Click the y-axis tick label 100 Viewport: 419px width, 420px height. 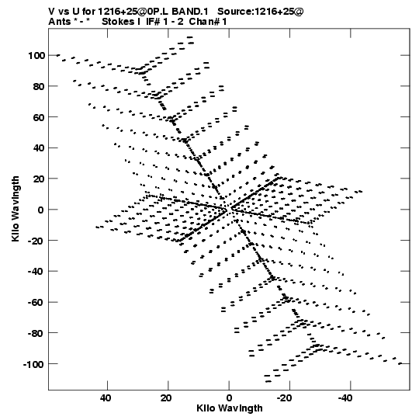coord(36,56)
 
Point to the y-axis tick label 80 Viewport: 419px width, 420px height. coord(39,86)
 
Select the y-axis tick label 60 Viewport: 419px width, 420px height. coord(39,117)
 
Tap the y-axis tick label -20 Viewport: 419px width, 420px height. coord(36,241)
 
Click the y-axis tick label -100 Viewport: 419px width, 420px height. coord(33,364)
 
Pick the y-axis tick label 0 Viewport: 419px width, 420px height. coord(40,210)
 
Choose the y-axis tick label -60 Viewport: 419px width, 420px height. coord(36,303)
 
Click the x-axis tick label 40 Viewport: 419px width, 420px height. coord(106,398)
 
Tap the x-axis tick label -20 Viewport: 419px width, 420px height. coord(284,398)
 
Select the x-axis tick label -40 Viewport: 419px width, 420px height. coord(345,398)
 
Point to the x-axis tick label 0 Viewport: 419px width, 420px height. coord(229,398)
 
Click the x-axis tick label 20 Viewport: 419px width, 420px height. coord(166,398)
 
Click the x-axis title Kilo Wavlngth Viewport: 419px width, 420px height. coord(230,408)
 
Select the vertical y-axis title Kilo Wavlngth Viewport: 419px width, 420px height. coord(16,209)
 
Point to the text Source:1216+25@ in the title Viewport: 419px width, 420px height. coord(260,12)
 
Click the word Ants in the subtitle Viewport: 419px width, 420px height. coord(60,22)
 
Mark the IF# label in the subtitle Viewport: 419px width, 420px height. coord(153,22)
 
